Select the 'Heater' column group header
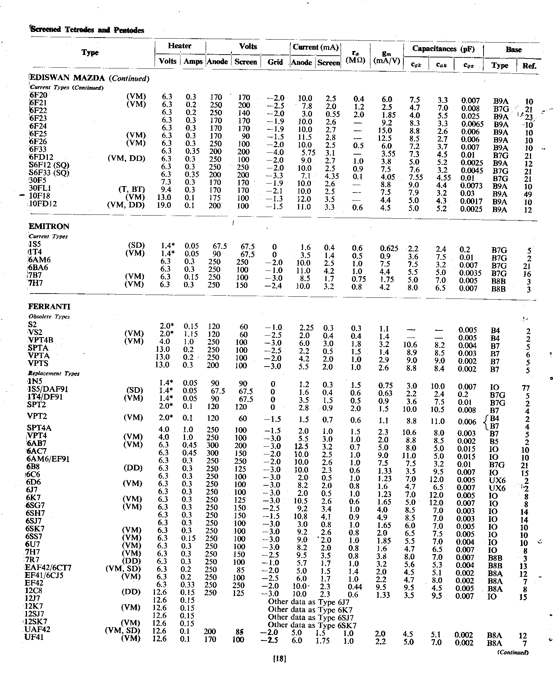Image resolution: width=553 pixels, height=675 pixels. (180, 46)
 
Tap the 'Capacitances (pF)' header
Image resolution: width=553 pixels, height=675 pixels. (443, 49)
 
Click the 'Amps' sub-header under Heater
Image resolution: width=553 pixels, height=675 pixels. (193, 61)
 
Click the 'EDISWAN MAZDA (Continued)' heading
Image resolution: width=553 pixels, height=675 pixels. (89, 78)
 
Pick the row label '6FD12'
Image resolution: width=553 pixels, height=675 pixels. (42, 157)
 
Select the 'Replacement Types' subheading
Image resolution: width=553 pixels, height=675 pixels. (54, 373)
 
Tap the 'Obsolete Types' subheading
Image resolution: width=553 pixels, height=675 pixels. (49, 317)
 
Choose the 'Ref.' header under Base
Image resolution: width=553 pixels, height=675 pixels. (529, 66)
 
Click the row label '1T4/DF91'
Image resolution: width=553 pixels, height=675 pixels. (45, 397)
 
